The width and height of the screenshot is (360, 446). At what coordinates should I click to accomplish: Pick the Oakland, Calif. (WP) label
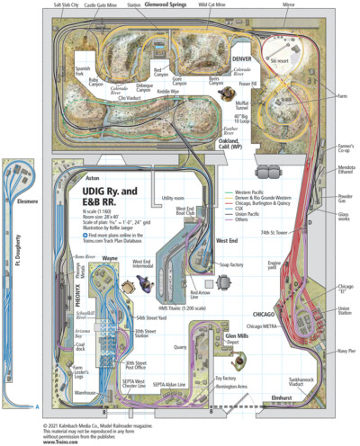[x=254, y=146]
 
